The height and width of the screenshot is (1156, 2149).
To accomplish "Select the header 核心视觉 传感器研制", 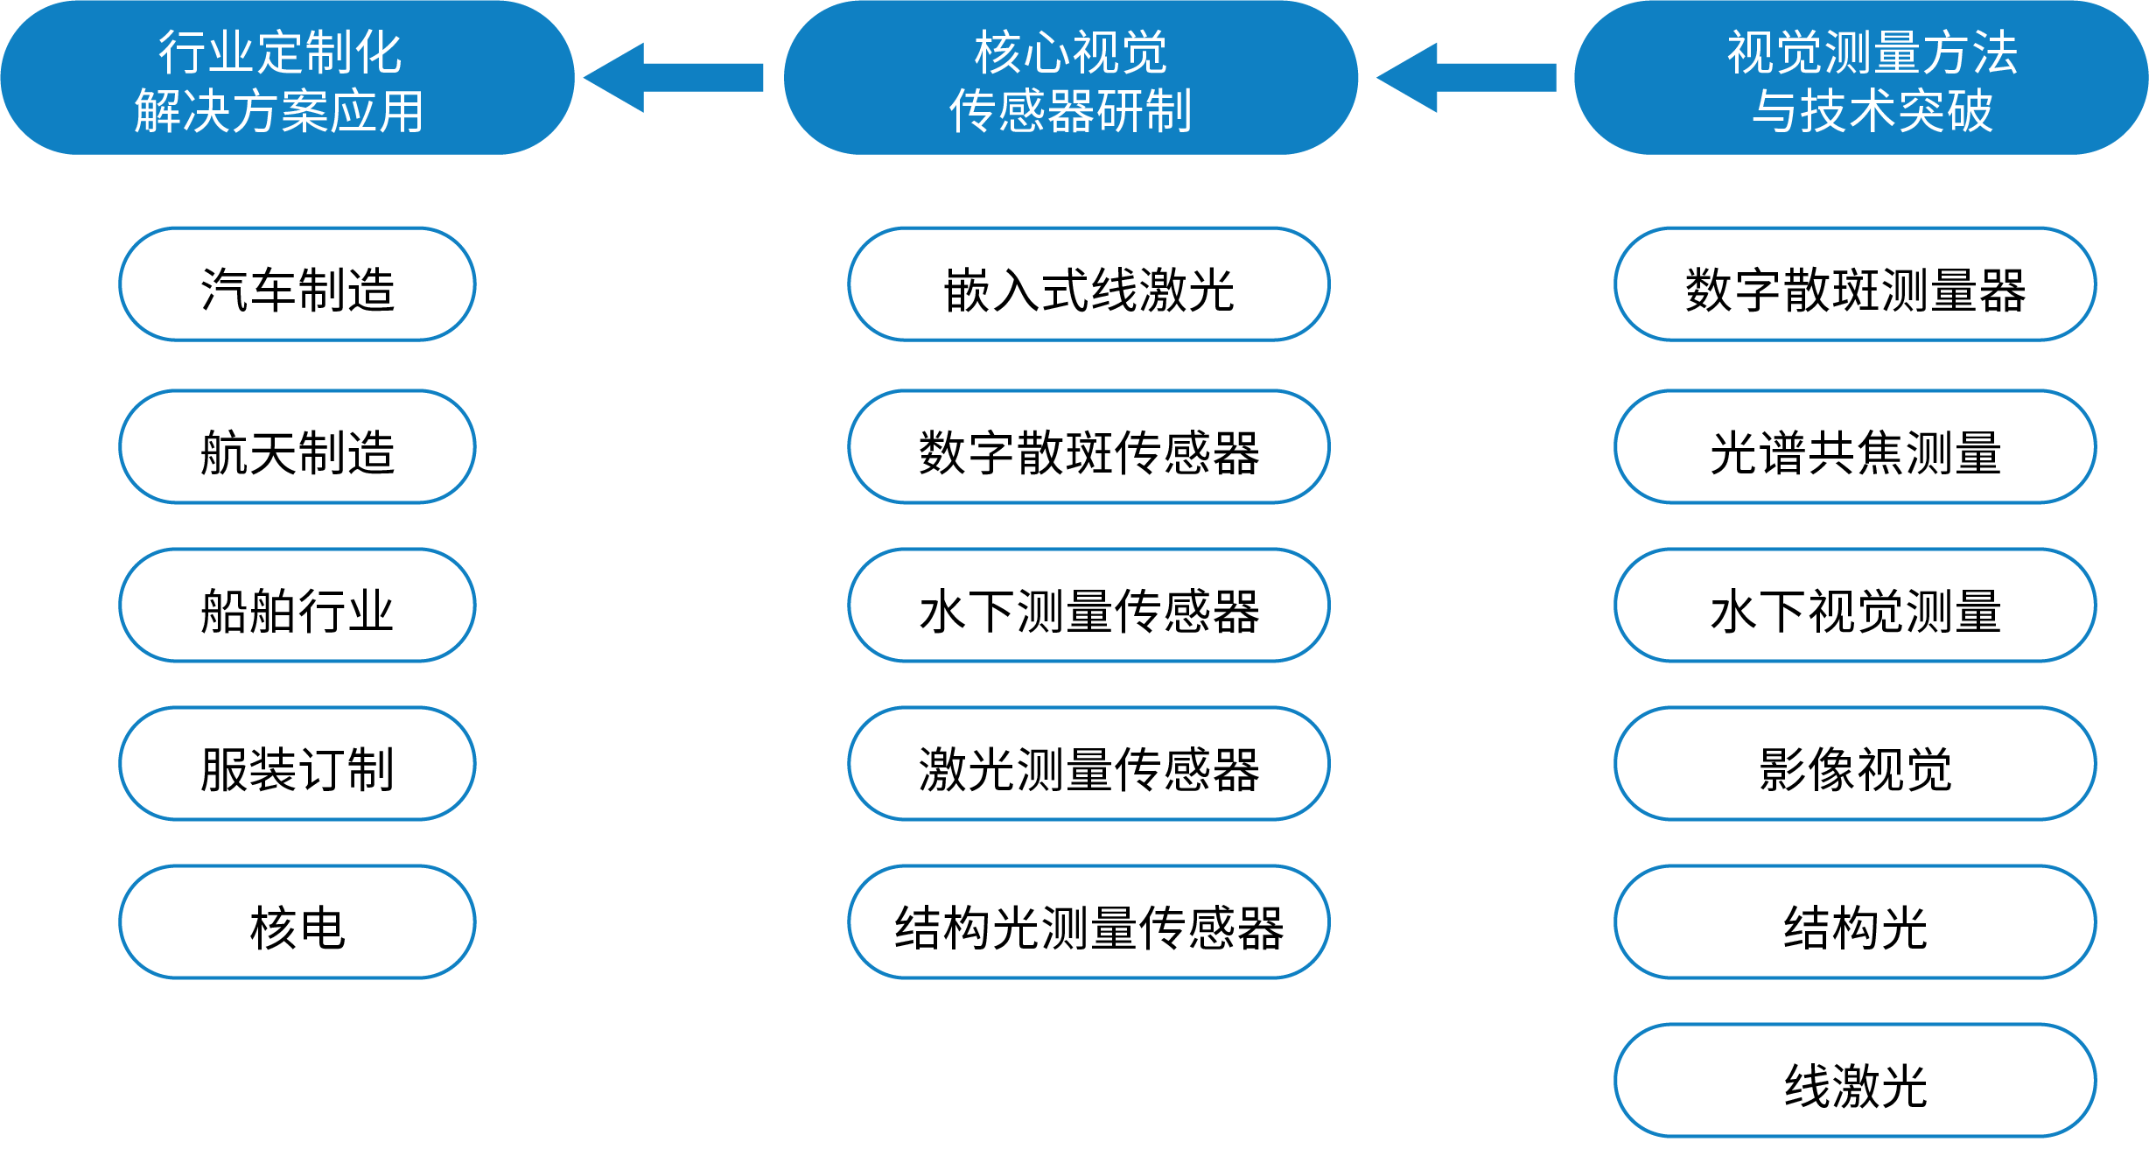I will tap(1070, 79).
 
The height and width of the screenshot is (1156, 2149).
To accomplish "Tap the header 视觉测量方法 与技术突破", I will tap(1861, 79).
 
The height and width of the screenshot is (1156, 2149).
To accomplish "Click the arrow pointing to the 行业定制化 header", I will tap(674, 78).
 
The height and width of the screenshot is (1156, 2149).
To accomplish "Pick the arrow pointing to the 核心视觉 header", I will tap(1466, 78).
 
